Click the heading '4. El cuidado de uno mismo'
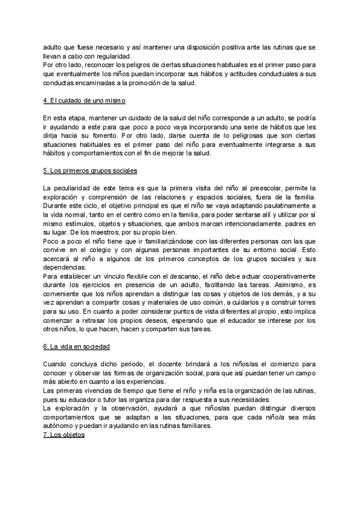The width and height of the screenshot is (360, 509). click(84, 99)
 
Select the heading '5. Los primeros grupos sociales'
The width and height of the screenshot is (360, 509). click(91, 170)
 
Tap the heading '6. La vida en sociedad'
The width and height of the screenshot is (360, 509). click(76, 348)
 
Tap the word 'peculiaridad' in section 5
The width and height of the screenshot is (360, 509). click(76, 189)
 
